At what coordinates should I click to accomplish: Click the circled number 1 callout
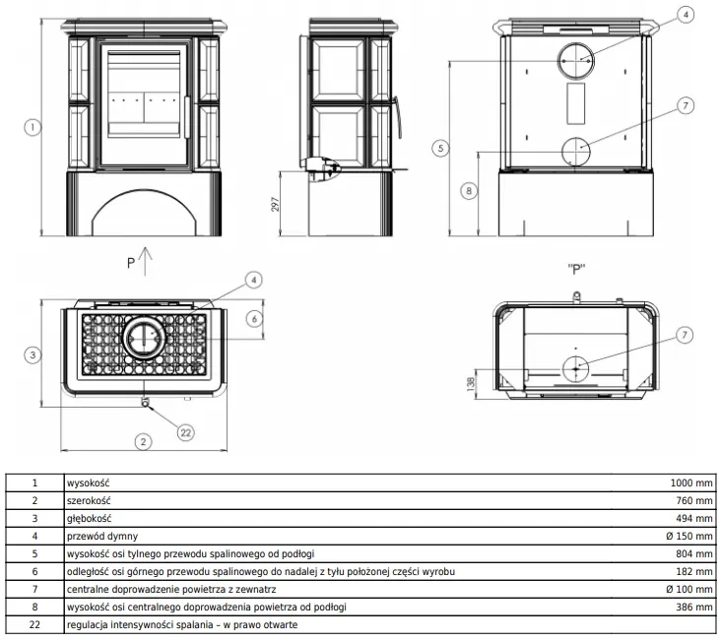tap(33, 127)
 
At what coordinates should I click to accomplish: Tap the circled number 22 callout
tap(185, 432)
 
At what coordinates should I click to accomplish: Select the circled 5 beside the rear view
tap(441, 149)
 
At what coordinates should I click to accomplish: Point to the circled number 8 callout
tap(469, 190)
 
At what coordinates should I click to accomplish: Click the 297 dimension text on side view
tap(275, 204)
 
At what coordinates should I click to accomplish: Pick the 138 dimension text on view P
tap(471, 384)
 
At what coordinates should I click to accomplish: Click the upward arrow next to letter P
tap(145, 262)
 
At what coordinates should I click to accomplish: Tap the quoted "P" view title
tap(576, 269)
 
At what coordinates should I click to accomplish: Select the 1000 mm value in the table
tap(691, 482)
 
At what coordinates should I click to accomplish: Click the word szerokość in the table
tap(89, 500)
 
